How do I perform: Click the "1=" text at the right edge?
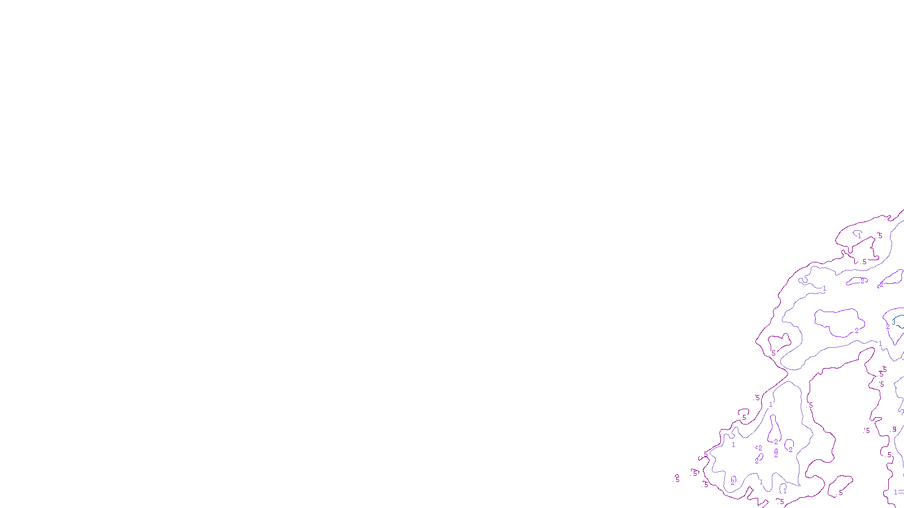898,492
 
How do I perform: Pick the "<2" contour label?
759,448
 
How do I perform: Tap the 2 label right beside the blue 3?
888,327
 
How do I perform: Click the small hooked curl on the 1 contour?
802,280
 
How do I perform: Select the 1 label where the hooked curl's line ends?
824,288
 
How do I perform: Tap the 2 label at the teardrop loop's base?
776,442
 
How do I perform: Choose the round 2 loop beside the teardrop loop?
789,444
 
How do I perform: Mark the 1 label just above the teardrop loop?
771,405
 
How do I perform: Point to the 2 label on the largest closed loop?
857,331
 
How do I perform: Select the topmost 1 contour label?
860,236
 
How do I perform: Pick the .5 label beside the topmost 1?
879,236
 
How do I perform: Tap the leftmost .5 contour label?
677,480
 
